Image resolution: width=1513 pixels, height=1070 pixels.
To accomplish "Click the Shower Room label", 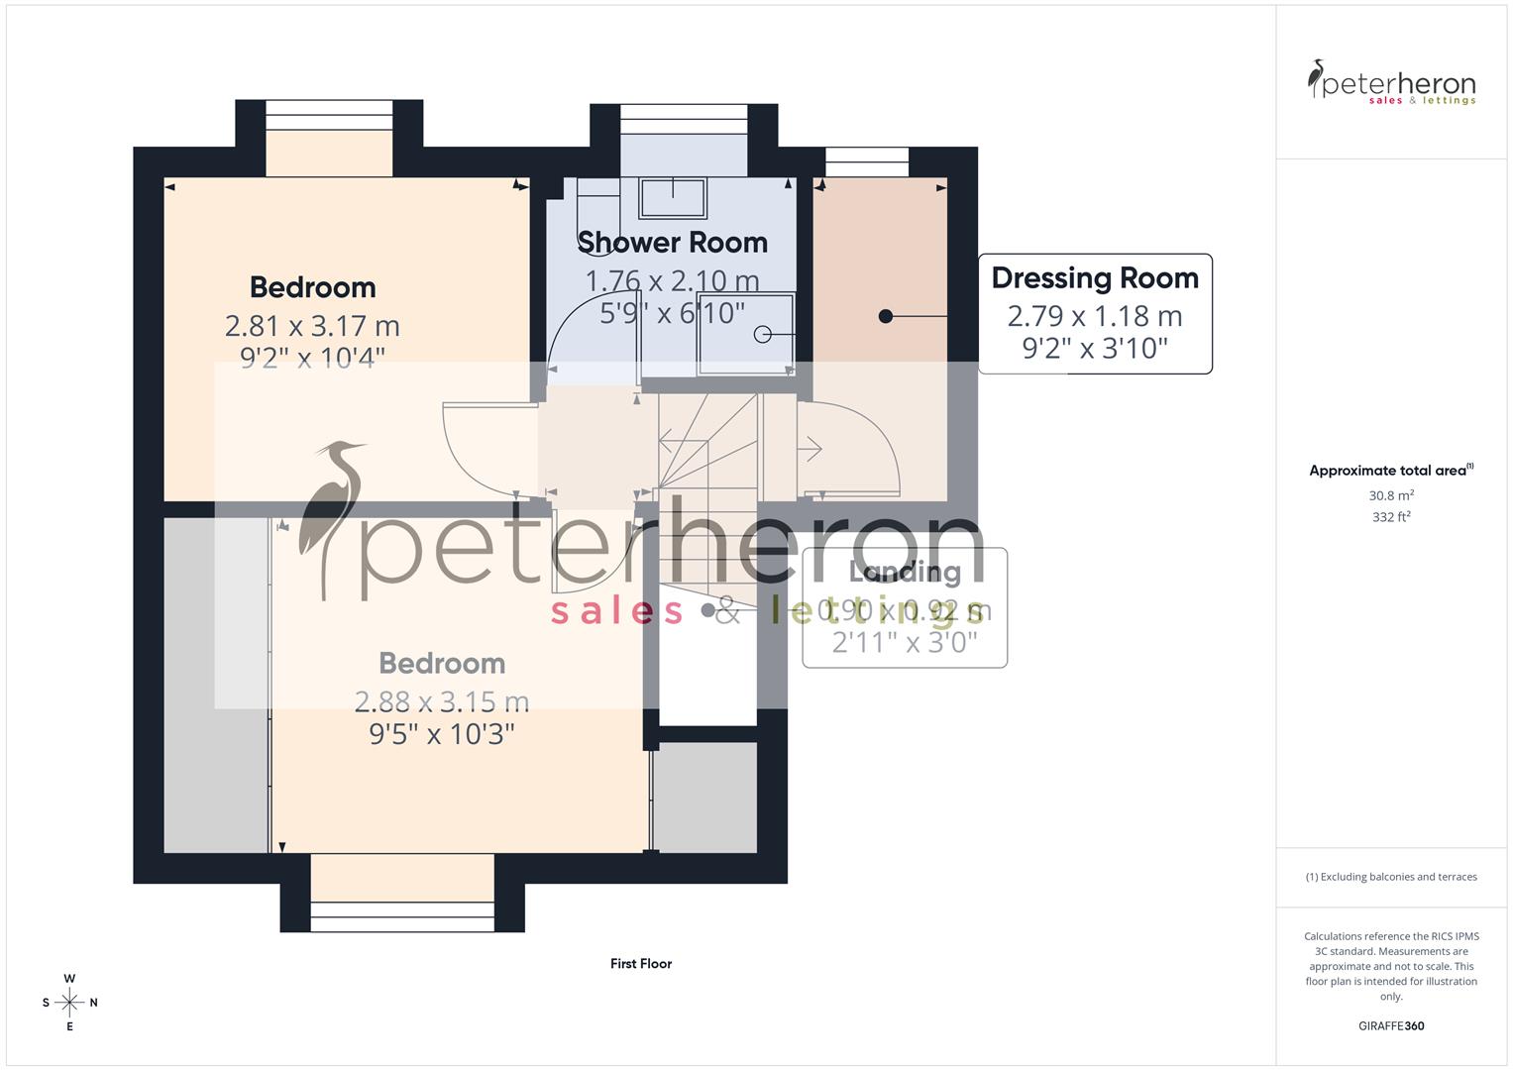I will [x=672, y=243].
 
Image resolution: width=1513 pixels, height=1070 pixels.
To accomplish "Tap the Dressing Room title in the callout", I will [x=1095, y=278].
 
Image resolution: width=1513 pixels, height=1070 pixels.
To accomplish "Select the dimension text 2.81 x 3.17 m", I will [x=312, y=325].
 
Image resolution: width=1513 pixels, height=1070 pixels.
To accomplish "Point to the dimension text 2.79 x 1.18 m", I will [x=1095, y=316].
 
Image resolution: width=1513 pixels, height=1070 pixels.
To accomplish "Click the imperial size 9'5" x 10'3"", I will [x=442, y=734].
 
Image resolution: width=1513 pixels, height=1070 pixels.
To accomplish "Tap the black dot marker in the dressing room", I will [x=886, y=316].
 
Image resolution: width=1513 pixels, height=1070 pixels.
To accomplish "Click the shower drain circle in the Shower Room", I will [x=762, y=335].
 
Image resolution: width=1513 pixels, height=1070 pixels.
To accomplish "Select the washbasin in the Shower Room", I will [x=673, y=197].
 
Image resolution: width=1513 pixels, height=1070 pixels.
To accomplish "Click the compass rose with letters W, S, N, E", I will [x=69, y=1003].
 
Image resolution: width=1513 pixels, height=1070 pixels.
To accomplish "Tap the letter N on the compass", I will [x=94, y=1003].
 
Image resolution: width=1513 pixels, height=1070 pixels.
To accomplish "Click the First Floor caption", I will [x=641, y=963].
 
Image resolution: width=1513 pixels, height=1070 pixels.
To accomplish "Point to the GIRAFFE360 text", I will [x=1391, y=1026].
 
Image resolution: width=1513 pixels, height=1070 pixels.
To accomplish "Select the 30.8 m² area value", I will [x=1391, y=495].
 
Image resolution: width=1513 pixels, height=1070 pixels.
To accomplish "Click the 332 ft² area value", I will [x=1391, y=517].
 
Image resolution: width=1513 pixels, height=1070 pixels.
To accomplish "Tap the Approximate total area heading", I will [x=1390, y=471].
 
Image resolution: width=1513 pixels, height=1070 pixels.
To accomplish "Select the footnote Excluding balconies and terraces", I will [x=1391, y=877].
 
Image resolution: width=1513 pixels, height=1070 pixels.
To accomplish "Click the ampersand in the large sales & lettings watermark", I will [x=728, y=610].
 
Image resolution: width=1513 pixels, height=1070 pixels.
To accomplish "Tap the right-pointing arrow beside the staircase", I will [x=810, y=450].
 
